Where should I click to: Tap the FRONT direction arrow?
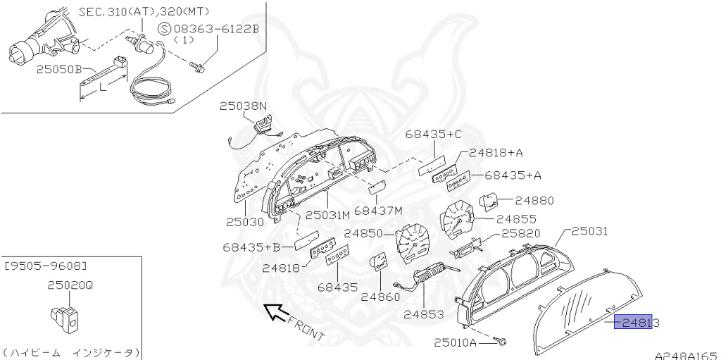point(275,311)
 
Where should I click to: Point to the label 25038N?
point(243,106)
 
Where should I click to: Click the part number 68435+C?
point(434,135)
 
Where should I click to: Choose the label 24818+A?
point(501,152)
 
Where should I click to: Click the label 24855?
point(516,219)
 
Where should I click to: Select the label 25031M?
point(327,214)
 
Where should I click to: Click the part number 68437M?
point(378,210)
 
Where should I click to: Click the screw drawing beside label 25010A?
point(501,342)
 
